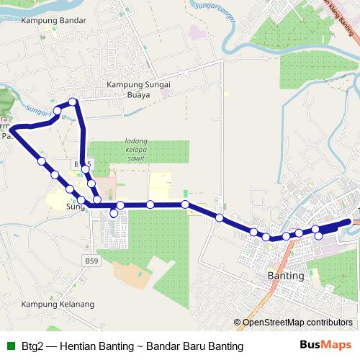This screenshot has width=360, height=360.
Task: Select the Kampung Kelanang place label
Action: click(58, 304)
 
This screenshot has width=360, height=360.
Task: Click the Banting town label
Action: click(286, 276)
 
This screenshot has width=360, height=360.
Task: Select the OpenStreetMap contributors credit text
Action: click(297, 323)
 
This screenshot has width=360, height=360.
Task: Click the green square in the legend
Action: click(9, 346)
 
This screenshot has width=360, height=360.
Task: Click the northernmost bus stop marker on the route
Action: click(72, 102)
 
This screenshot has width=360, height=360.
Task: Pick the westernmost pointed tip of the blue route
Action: click(10, 129)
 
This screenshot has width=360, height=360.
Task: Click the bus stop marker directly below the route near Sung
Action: click(114, 213)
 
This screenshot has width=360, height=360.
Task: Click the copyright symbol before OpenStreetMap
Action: click(238, 323)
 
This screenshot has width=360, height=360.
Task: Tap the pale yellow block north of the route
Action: click(161, 185)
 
